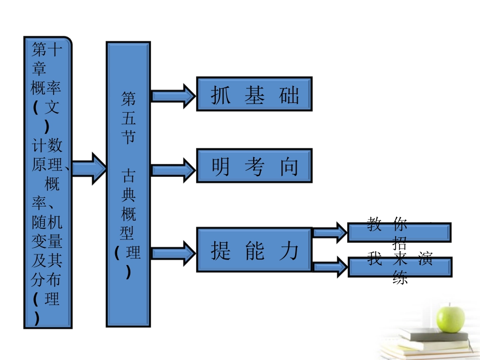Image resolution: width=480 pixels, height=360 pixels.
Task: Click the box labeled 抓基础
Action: [x=254, y=94]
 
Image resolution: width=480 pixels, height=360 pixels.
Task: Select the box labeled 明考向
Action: [x=254, y=166]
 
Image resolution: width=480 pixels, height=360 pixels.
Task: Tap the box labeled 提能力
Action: [x=254, y=250]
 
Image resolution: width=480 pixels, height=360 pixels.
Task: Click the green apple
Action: [x=450, y=318]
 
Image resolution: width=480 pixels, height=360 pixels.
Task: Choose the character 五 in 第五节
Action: [x=128, y=117]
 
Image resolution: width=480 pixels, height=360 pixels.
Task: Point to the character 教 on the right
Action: [x=374, y=224]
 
